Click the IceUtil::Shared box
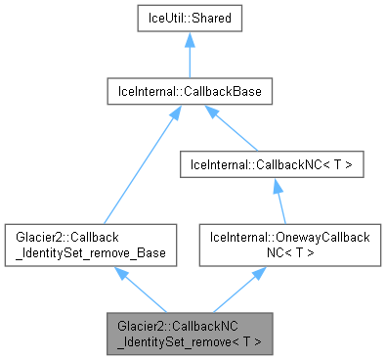click(x=189, y=19)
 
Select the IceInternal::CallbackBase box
click(x=189, y=93)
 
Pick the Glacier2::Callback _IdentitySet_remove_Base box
click(x=90, y=245)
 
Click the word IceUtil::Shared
click(x=189, y=19)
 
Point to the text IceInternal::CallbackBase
click(x=189, y=93)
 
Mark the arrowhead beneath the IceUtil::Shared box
click(x=189, y=41)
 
